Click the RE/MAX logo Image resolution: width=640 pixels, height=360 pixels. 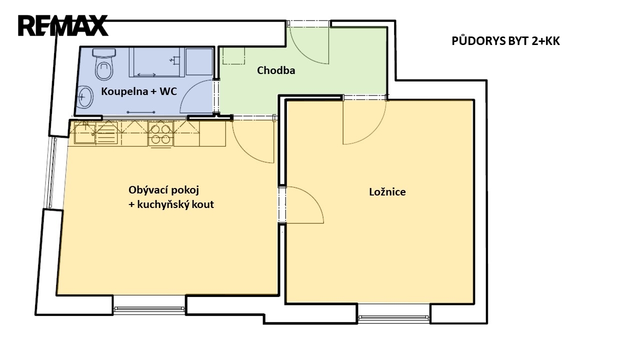[x=63, y=25]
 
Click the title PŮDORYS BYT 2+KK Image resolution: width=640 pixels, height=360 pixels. [x=505, y=41]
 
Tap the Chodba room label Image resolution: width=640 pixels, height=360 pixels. [x=276, y=70]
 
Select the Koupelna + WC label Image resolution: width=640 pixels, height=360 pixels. [x=139, y=91]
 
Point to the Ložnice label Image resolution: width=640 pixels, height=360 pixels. [x=387, y=191]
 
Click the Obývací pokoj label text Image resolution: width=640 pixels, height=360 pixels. [x=163, y=190]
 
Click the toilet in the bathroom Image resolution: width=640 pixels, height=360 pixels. [x=104, y=64]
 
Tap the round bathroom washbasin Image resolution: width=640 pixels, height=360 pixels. [x=85, y=97]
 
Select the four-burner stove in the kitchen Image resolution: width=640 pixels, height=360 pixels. [x=160, y=133]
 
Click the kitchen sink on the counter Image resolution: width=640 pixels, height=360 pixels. [x=85, y=132]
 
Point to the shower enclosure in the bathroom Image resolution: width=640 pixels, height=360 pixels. [x=157, y=62]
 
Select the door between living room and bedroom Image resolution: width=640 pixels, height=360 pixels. [x=305, y=205]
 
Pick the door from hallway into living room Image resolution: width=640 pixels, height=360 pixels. [x=253, y=141]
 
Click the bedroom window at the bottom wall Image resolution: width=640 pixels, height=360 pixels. [x=393, y=317]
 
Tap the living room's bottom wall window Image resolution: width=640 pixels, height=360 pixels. [x=149, y=308]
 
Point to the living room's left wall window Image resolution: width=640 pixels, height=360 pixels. [x=52, y=172]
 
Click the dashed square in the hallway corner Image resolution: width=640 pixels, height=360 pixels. [x=233, y=55]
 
